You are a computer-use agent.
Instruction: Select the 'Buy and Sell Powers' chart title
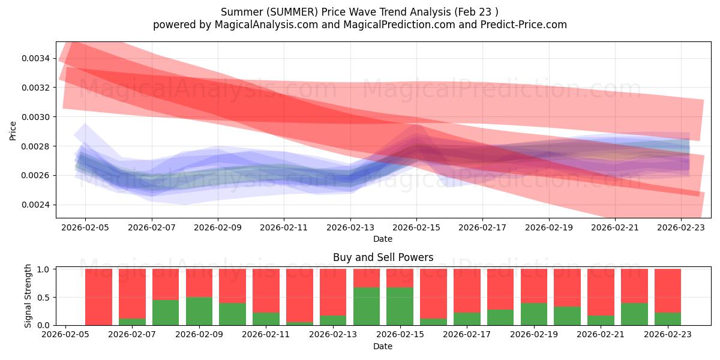coord(383,257)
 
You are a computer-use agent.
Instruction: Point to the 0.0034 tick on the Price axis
coord(37,58)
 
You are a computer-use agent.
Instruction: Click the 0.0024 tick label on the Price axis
coord(37,205)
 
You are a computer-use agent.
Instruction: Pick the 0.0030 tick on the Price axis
coord(37,117)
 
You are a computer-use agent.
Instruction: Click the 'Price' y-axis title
coord(13,130)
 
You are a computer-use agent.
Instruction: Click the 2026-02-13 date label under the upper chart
coord(350,228)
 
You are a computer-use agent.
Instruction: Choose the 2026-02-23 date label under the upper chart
coord(681,228)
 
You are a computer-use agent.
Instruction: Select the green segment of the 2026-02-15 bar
coord(400,306)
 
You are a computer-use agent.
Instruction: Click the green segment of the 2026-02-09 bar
coord(199,311)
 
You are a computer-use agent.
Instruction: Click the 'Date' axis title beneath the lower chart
coord(383,346)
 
